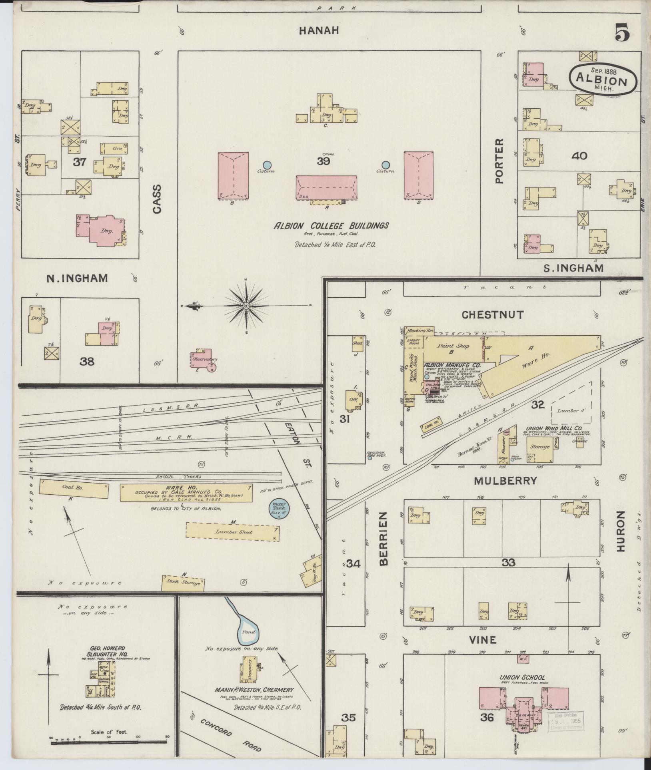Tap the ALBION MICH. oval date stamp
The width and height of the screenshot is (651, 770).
point(601,79)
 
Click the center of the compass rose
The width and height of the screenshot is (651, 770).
point(246,306)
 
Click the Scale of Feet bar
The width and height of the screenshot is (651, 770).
point(109,743)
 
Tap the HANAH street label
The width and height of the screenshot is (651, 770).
point(319,30)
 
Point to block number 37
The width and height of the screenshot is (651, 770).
point(80,162)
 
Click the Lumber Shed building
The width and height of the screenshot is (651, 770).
point(232,532)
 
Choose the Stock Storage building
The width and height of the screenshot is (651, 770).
point(184,583)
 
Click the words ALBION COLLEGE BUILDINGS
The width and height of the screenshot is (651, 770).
point(331,226)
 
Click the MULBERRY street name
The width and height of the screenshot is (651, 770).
point(505,481)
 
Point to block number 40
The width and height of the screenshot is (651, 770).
point(579,155)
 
